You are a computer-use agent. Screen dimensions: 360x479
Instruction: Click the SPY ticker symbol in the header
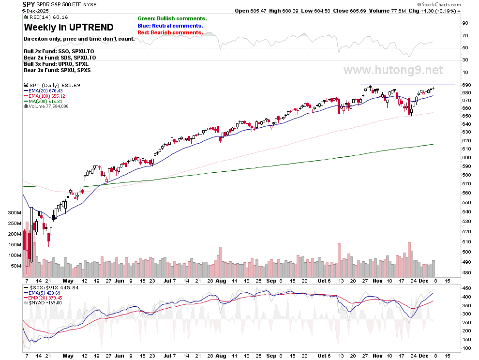[29, 4]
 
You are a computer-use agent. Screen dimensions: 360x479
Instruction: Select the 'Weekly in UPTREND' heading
[68, 28]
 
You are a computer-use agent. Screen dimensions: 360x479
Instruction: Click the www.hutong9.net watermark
[393, 70]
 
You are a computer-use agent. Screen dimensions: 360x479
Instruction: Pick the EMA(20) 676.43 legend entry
[46, 90]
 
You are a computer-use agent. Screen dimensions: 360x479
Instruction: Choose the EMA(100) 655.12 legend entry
[48, 96]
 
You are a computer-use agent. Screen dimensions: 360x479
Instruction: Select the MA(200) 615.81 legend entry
[46, 101]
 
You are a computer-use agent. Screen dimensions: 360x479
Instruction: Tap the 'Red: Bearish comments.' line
[170, 32]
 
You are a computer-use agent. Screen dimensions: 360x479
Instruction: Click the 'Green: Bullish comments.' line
[172, 18]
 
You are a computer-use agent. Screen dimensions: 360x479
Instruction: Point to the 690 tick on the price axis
[465, 85]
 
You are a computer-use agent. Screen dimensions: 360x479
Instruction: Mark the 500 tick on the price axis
[465, 252]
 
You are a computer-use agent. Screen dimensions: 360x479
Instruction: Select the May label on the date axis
[68, 281]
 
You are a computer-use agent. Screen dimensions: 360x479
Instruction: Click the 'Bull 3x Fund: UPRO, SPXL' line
[56, 64]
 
